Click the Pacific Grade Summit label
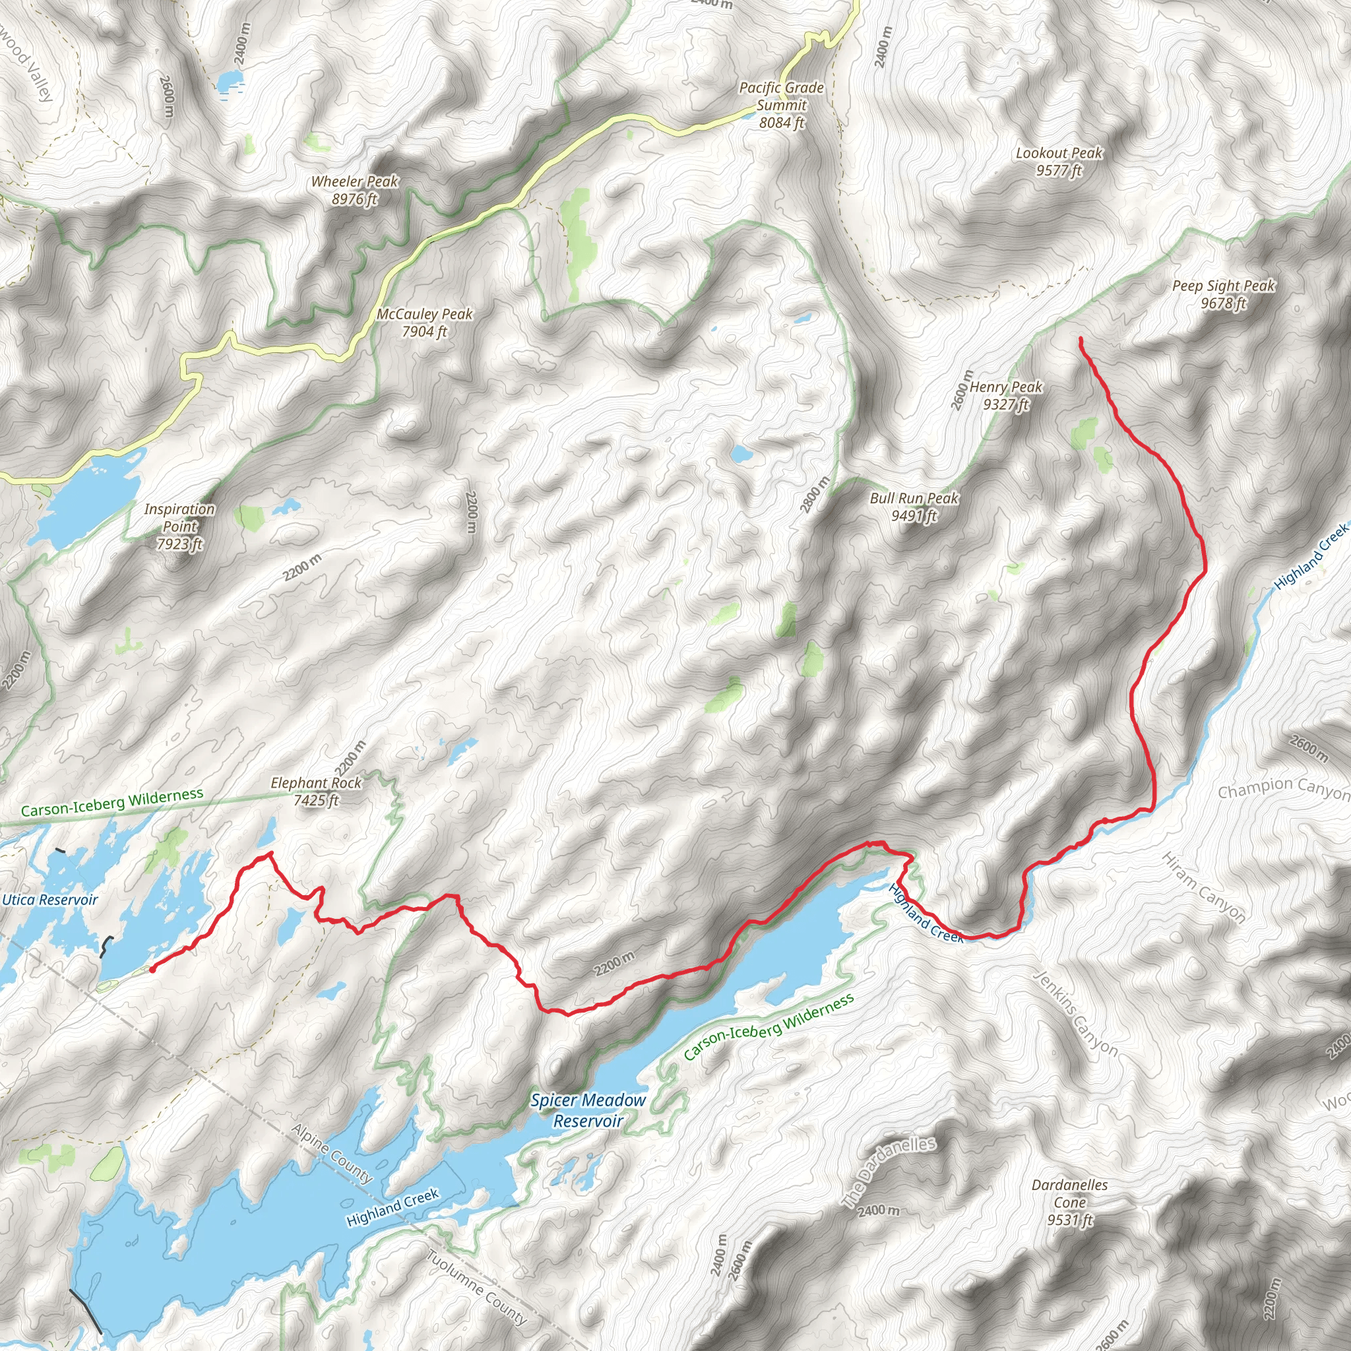click(781, 105)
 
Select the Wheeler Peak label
click(354, 190)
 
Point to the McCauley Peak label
click(424, 323)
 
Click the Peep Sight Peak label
click(1223, 294)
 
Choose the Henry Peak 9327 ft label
click(1005, 395)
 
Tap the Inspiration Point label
click(179, 526)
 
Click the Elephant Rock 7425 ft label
click(316, 791)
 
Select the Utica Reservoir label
click(49, 900)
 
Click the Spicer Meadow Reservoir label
click(587, 1110)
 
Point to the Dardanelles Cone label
click(1069, 1202)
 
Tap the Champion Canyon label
click(1283, 789)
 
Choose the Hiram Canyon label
click(1203, 887)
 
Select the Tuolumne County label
click(476, 1288)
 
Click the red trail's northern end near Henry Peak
click(1081, 339)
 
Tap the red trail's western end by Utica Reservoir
click(152, 970)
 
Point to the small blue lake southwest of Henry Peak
click(741, 455)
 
